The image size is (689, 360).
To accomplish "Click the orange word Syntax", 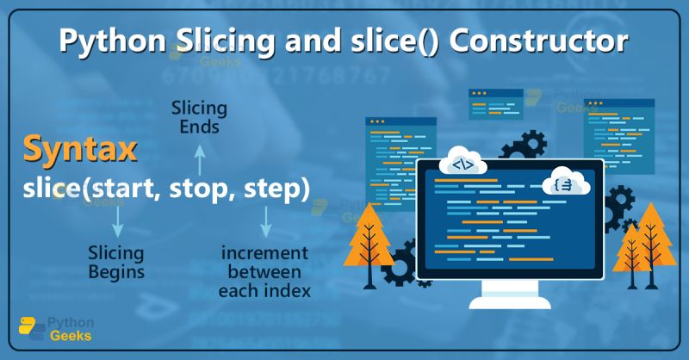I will [79, 148].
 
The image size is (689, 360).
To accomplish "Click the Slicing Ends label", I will [199, 118].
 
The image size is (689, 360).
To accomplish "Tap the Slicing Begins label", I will [116, 263].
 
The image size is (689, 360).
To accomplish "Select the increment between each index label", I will [264, 272].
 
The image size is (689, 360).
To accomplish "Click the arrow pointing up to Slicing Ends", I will [199, 158].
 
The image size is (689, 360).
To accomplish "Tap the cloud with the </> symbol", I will [462, 164].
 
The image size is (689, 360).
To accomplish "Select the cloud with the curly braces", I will [564, 183].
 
